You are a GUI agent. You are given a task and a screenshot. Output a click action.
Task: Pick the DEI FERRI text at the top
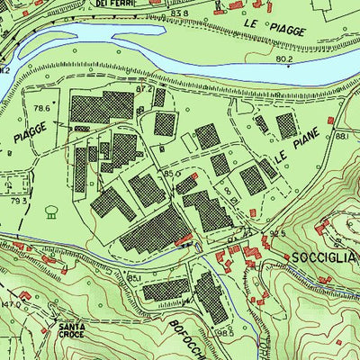113,4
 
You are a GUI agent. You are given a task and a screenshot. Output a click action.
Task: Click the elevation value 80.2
285,59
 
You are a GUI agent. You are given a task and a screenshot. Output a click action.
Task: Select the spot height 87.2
144,89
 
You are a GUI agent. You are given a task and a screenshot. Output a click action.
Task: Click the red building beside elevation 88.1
330,120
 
